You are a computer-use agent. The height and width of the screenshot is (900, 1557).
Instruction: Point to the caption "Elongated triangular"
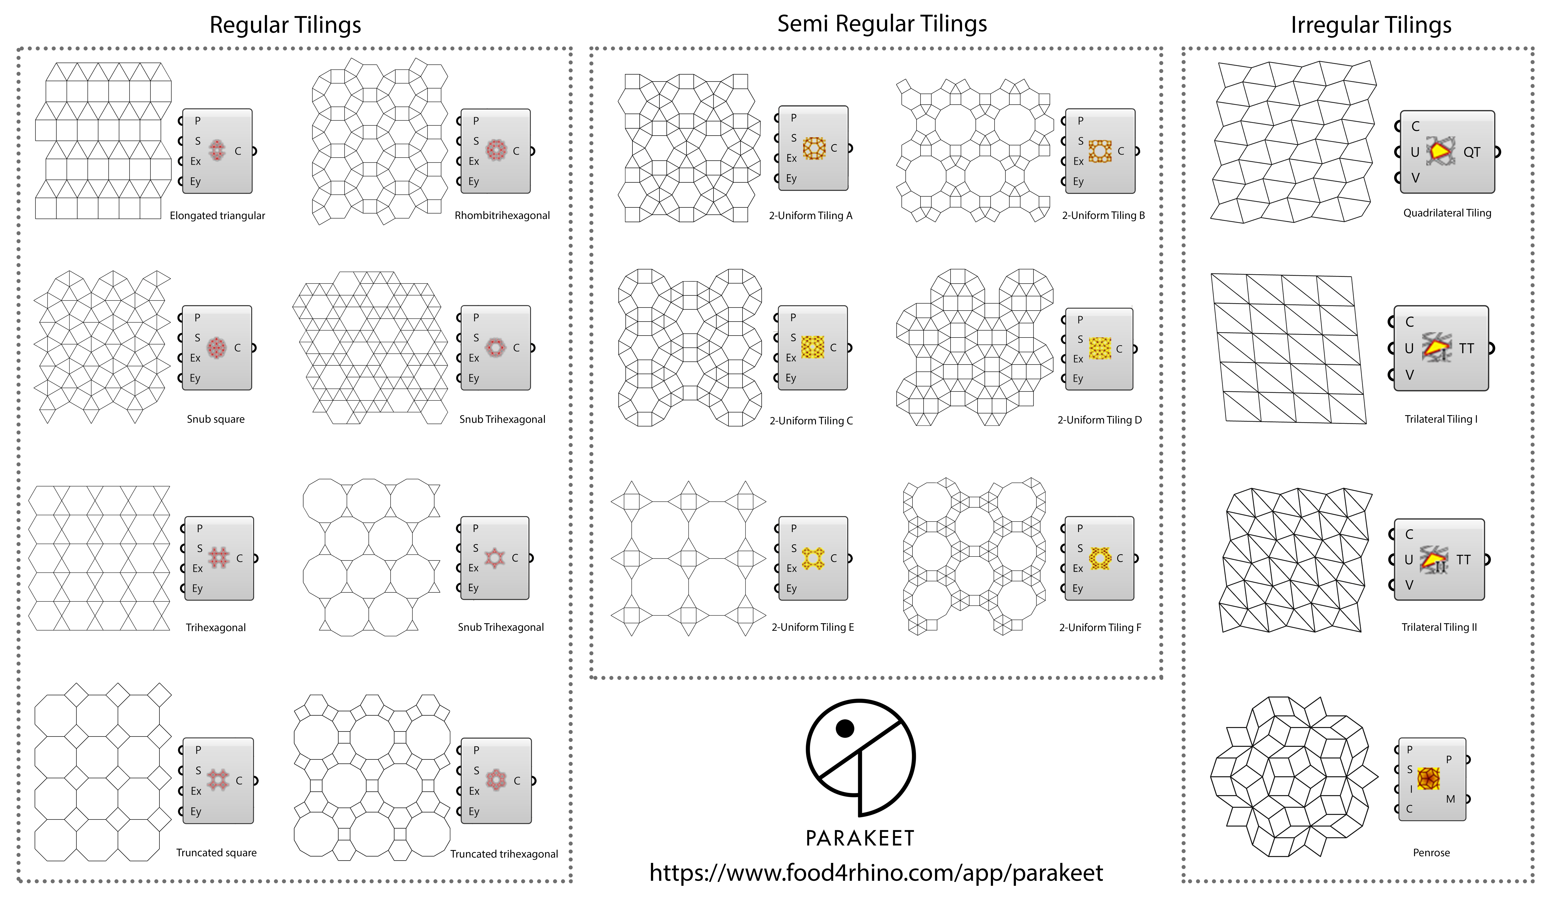click(x=218, y=216)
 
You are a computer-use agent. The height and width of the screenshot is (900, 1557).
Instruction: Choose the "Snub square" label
click(x=216, y=419)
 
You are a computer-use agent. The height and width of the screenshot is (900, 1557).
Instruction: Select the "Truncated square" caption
click(x=216, y=852)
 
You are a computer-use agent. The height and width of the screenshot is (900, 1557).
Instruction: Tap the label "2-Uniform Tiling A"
click(x=811, y=216)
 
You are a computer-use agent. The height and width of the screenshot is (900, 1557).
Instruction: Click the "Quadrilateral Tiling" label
click(x=1447, y=213)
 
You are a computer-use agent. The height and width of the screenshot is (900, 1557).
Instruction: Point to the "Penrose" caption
click(x=1431, y=852)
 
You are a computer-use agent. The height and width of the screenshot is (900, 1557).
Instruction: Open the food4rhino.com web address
click(x=876, y=873)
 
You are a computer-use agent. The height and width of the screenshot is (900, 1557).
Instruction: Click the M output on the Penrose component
click(x=1450, y=799)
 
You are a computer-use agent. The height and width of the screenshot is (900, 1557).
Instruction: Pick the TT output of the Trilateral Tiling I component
click(x=1466, y=348)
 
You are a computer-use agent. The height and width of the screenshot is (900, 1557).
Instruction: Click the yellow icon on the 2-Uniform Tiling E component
click(x=813, y=558)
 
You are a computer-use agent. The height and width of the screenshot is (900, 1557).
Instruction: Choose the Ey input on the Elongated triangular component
click(x=195, y=182)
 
